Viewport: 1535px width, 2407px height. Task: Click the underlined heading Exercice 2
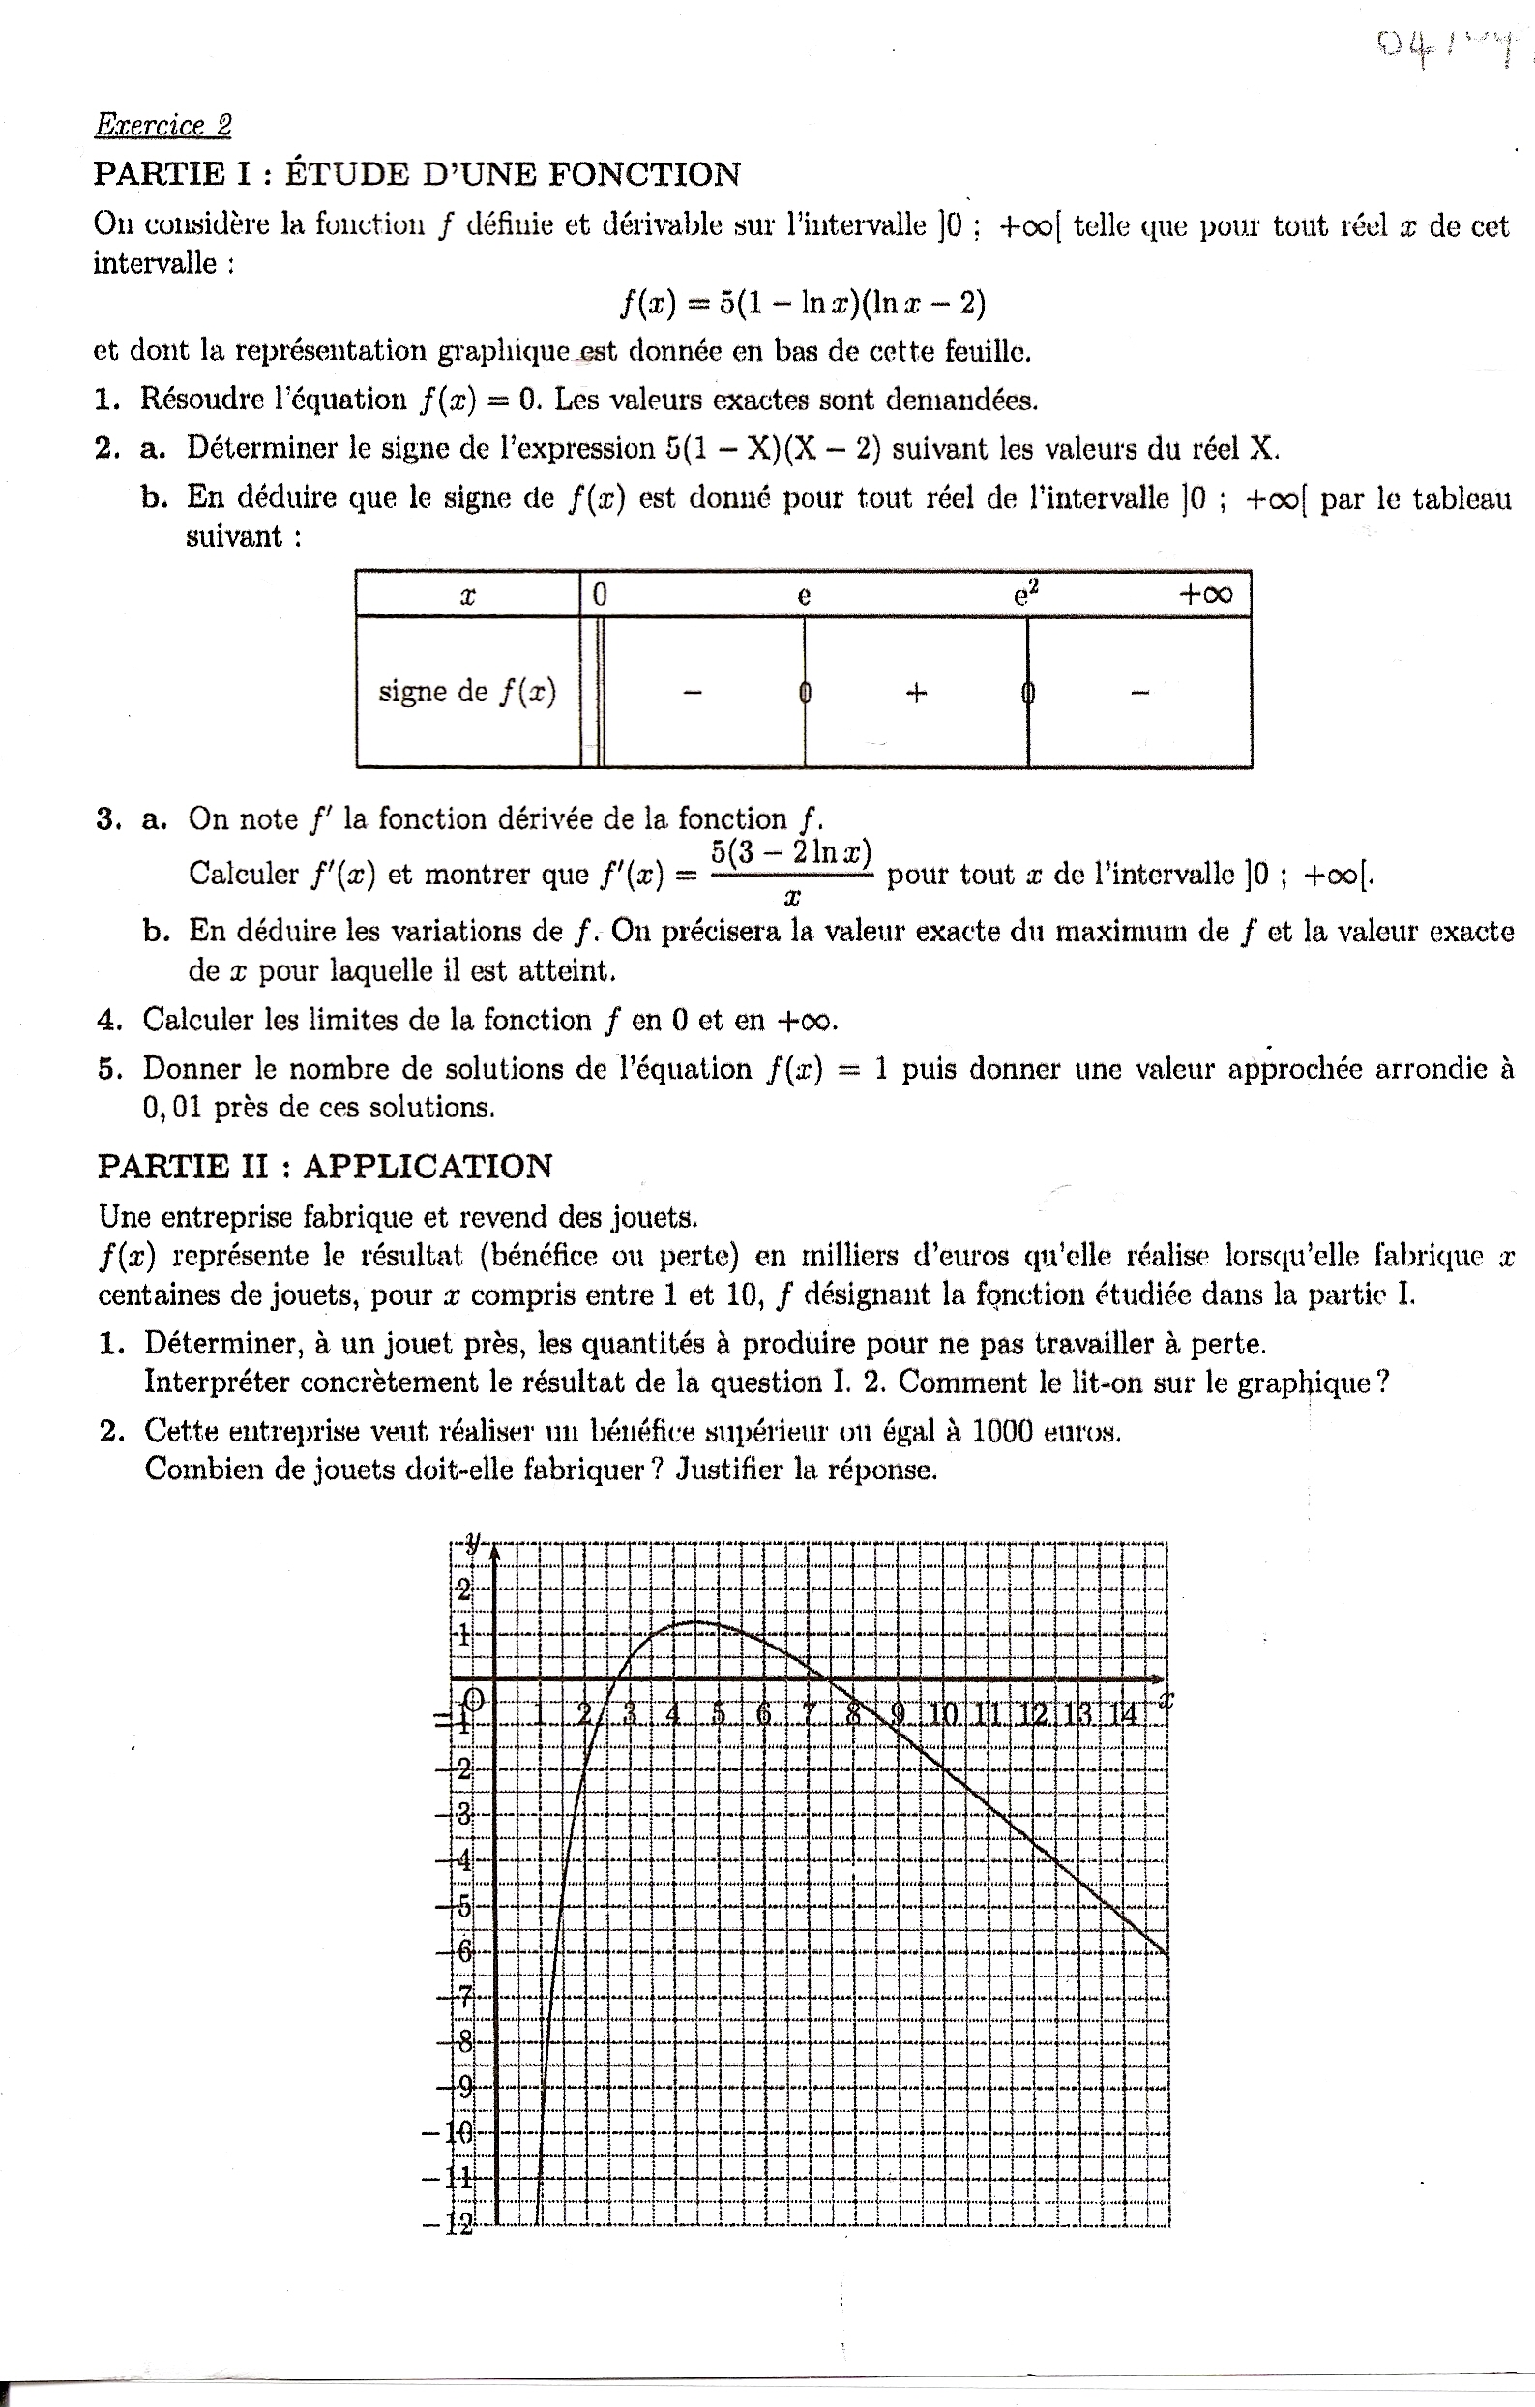[x=162, y=126]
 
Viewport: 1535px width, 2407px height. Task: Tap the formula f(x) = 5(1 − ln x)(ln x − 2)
[x=803, y=303]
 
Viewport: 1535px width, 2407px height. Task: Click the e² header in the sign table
[x=1026, y=595]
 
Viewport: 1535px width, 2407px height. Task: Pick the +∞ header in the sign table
[x=1206, y=595]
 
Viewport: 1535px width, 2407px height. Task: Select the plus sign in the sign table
[x=915, y=692]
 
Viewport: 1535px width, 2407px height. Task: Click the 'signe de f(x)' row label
[x=467, y=692]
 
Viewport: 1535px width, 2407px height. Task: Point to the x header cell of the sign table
[x=467, y=596]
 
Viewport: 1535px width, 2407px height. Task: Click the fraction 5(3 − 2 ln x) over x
[x=791, y=874]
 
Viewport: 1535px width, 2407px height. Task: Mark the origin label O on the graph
[x=476, y=1699]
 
